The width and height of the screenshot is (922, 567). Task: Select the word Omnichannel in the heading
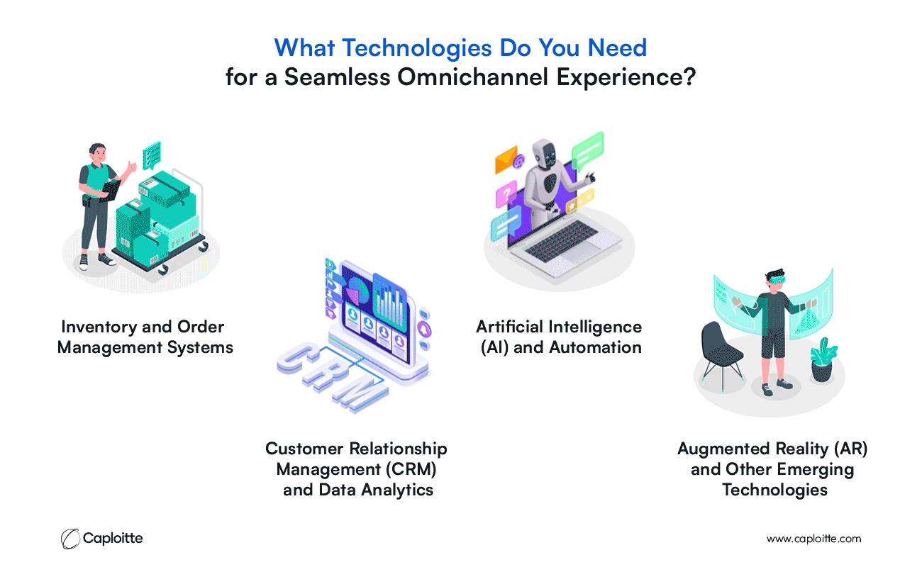[x=473, y=77]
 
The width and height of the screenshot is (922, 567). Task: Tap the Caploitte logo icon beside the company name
[x=70, y=539]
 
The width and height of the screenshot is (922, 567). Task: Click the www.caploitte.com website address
[x=813, y=539]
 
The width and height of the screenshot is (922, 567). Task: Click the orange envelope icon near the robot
[x=506, y=159]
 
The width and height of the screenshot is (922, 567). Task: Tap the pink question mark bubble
[x=506, y=193]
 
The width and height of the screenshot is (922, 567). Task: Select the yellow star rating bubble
[x=580, y=201]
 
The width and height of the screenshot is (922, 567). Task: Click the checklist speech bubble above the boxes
[x=152, y=155]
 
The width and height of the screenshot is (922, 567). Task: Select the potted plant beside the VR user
[x=823, y=360]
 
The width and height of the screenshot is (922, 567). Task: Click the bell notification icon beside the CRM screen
[x=424, y=330]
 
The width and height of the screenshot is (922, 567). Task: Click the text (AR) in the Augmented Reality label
[x=851, y=449]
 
